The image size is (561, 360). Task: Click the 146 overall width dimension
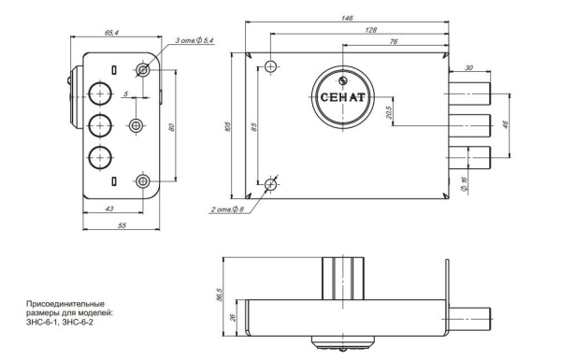pyautogui.click(x=347, y=19)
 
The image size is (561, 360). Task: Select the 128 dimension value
pyautogui.click(x=371, y=30)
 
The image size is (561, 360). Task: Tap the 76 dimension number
pyautogui.click(x=394, y=41)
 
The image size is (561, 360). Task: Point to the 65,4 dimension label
pyautogui.click(x=111, y=33)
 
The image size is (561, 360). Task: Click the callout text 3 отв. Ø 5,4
pyautogui.click(x=194, y=41)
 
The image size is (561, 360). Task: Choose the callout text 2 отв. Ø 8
pyautogui.click(x=227, y=209)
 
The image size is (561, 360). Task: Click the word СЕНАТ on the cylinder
pyautogui.click(x=342, y=97)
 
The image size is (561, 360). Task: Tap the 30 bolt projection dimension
pyautogui.click(x=468, y=67)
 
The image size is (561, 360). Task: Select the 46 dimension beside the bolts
pyautogui.click(x=505, y=124)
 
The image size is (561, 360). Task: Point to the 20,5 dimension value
pyautogui.click(x=389, y=113)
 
